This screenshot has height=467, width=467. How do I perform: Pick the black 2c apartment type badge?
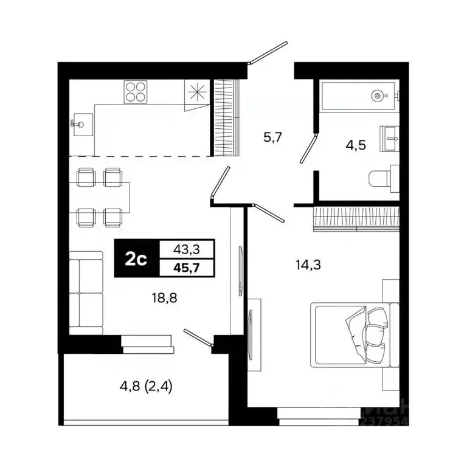pos(136,259)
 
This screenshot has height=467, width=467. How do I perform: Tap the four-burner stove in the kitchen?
pos(136,92)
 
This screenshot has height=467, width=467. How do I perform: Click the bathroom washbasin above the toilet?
pos(390,139)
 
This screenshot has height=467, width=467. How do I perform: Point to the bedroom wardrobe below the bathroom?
pos(356,218)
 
